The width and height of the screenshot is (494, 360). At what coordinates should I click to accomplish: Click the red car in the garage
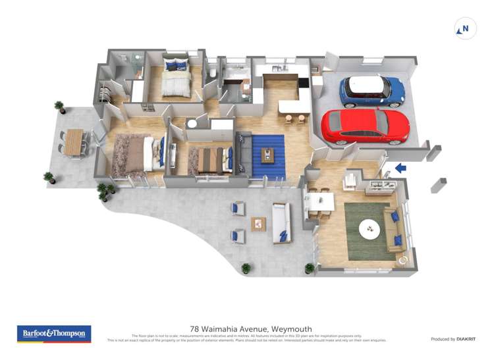point(365,126)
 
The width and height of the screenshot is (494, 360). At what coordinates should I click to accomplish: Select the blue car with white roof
point(372,91)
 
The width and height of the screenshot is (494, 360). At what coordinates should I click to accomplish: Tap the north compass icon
point(466,29)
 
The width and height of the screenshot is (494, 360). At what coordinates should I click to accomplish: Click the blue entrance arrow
point(400,168)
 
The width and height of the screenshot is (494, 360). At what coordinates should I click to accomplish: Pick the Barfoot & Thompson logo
point(54,334)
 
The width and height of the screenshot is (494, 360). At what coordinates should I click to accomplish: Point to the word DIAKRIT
point(462,339)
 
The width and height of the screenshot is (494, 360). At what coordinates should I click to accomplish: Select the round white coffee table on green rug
point(370,230)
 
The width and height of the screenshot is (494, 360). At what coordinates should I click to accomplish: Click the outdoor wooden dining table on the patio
point(74,141)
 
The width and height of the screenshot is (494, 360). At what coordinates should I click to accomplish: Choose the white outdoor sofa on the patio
point(281,222)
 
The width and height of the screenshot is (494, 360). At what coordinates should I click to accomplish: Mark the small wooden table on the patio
point(258,224)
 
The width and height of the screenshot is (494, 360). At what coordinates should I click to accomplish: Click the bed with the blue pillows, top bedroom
point(176,80)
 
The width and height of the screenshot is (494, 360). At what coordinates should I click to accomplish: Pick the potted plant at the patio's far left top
point(59,106)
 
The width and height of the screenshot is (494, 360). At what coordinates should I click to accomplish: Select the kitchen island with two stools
point(294,106)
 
